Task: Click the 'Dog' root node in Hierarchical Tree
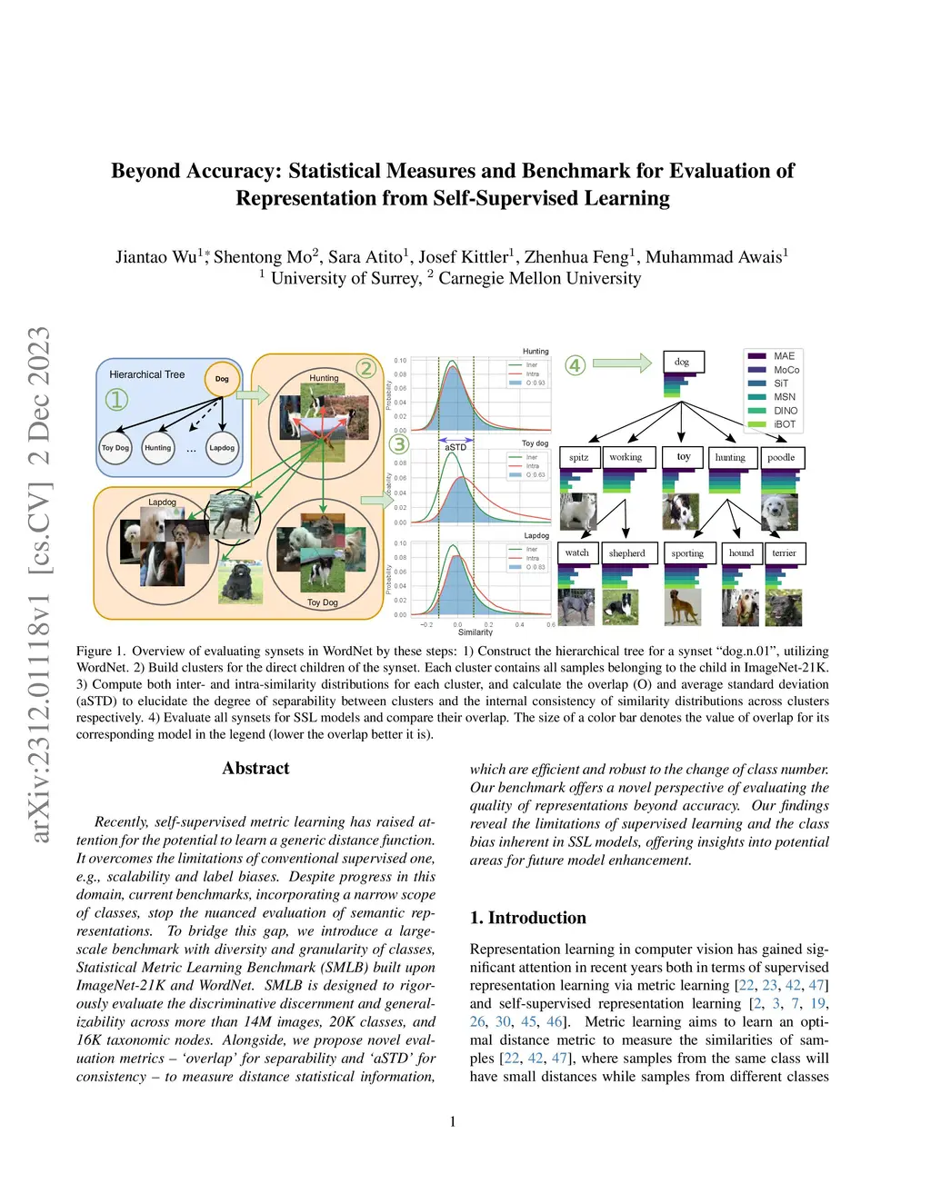[222, 378]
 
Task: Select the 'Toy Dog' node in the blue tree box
[115, 448]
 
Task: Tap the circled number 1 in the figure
[116, 399]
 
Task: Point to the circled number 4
[575, 365]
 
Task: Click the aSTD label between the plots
[455, 447]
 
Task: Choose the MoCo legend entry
[786, 370]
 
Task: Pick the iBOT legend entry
[784, 424]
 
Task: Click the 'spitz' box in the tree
[579, 457]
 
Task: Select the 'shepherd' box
[626, 552]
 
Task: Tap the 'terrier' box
[784, 552]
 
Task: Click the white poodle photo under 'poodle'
[779, 512]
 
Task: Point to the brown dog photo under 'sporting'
[683, 607]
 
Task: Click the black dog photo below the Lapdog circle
[240, 582]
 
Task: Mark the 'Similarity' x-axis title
[476, 632]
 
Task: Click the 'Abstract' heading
[255, 769]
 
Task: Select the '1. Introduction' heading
[527, 918]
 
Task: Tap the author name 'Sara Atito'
[365, 257]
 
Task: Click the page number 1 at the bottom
[453, 1121]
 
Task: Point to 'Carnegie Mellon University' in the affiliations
[539, 278]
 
